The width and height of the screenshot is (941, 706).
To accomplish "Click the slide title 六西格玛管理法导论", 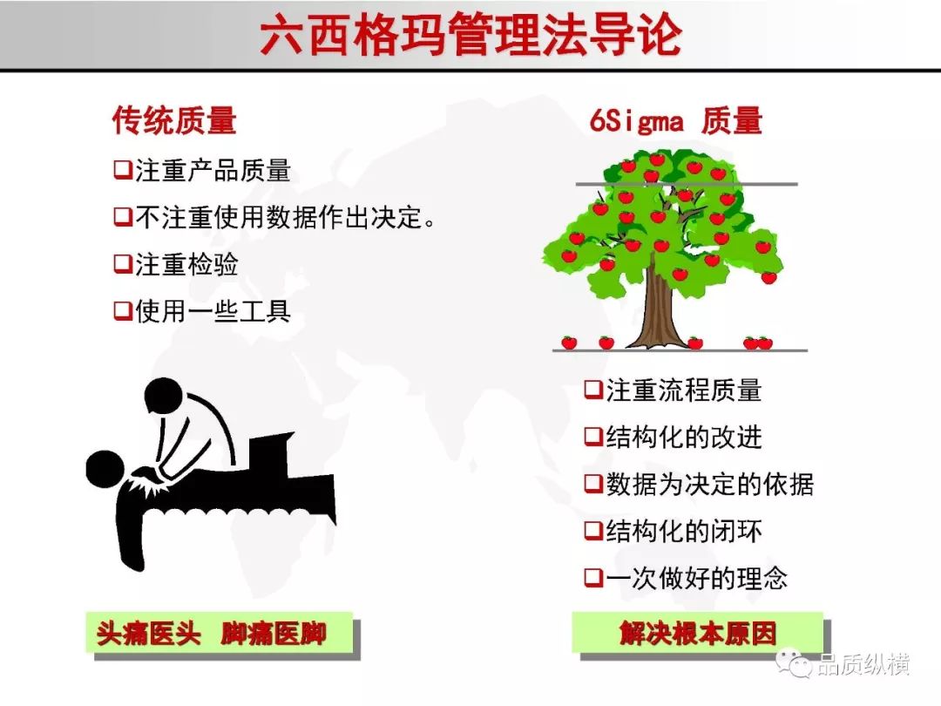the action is (470, 35).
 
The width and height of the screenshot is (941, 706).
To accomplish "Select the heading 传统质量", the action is (174, 120).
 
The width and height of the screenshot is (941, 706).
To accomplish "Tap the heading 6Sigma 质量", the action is (676, 120).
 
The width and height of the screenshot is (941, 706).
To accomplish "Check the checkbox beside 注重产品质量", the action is (123, 170).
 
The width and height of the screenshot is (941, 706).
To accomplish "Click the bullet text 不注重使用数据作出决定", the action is (279, 217).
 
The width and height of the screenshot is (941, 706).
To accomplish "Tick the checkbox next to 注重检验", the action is (123, 263).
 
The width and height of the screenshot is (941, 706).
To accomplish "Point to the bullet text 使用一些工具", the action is (213, 311).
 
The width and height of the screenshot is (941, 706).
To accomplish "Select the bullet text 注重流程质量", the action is (684, 390).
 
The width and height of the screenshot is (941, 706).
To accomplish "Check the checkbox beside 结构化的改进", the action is (593, 437).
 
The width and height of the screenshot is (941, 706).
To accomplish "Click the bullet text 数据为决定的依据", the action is (709, 484).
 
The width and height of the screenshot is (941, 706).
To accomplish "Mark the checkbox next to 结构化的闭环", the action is (593, 531).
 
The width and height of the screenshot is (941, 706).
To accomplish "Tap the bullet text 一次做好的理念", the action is (696, 578).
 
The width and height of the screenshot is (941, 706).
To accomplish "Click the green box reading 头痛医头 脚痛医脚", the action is (219, 632).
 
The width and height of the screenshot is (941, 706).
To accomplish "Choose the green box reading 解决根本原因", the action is (697, 632).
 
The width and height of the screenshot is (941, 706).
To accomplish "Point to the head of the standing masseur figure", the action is (163, 396).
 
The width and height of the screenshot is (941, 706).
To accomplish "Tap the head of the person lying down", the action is (105, 468).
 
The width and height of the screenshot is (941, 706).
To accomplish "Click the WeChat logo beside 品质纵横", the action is (794, 663).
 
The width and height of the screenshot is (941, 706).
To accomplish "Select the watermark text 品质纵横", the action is (863, 664).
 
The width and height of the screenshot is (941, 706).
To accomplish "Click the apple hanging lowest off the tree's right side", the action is (768, 277).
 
